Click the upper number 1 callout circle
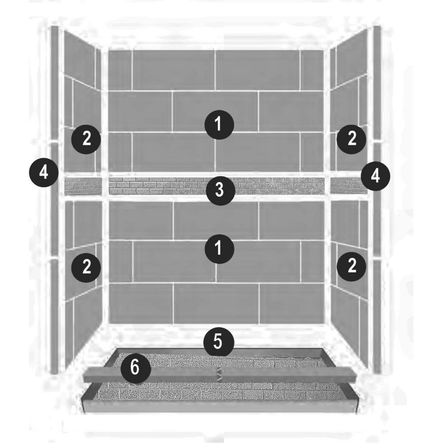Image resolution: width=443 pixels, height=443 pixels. pos(219,124)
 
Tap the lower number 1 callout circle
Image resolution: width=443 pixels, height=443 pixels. pos(219,249)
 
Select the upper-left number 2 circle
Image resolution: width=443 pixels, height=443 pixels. pos(86,139)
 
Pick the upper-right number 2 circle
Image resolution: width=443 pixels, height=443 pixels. pos(351,139)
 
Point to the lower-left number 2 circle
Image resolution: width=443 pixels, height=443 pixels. pos(86,267)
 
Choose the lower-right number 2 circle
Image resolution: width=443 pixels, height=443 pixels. pos(351,266)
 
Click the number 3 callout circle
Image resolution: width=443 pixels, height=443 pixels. pos(220,190)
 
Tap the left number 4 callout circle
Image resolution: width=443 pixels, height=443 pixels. pos(44,173)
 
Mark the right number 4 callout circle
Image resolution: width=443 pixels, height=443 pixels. pos(376,176)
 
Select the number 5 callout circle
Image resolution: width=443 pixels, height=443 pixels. pos(219,342)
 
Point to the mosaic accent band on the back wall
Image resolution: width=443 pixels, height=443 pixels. pos(216,186)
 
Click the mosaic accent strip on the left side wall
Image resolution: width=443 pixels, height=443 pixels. pos(83,186)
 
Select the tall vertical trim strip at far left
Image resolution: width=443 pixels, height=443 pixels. pos(54,200)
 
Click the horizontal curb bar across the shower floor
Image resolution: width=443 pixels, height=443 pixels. pos(220,375)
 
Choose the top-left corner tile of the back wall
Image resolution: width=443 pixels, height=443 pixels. pos(120,70)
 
